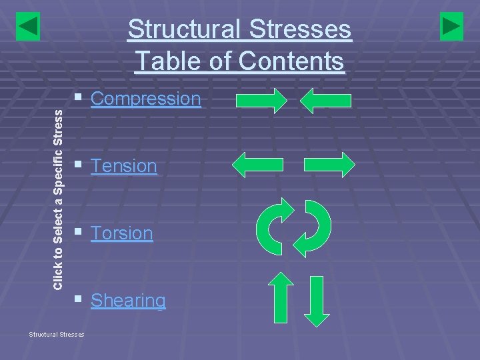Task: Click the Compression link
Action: click(145, 99)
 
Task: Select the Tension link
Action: click(123, 165)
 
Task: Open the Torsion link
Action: click(121, 233)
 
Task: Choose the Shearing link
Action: click(128, 301)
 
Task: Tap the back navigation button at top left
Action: click(28, 26)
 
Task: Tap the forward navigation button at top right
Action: click(451, 26)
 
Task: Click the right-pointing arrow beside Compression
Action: click(261, 101)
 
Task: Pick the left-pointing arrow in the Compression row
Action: click(325, 101)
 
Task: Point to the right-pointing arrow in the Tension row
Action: click(329, 164)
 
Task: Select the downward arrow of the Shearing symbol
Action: click(317, 301)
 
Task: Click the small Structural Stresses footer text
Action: click(56, 333)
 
